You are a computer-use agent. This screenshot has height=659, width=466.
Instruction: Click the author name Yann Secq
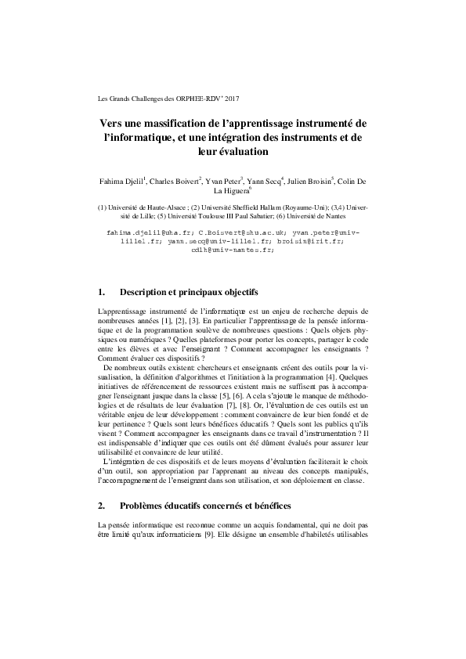(265, 181)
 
